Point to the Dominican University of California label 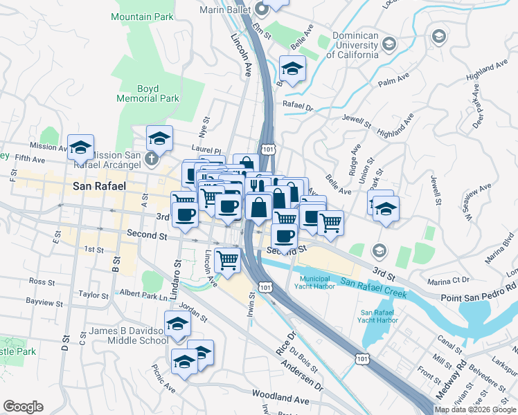tap(355, 45)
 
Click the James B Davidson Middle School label tap(129, 335)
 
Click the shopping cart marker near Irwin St tap(227, 261)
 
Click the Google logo tap(23, 407)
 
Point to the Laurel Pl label tap(206, 150)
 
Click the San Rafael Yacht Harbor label tap(379, 316)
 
